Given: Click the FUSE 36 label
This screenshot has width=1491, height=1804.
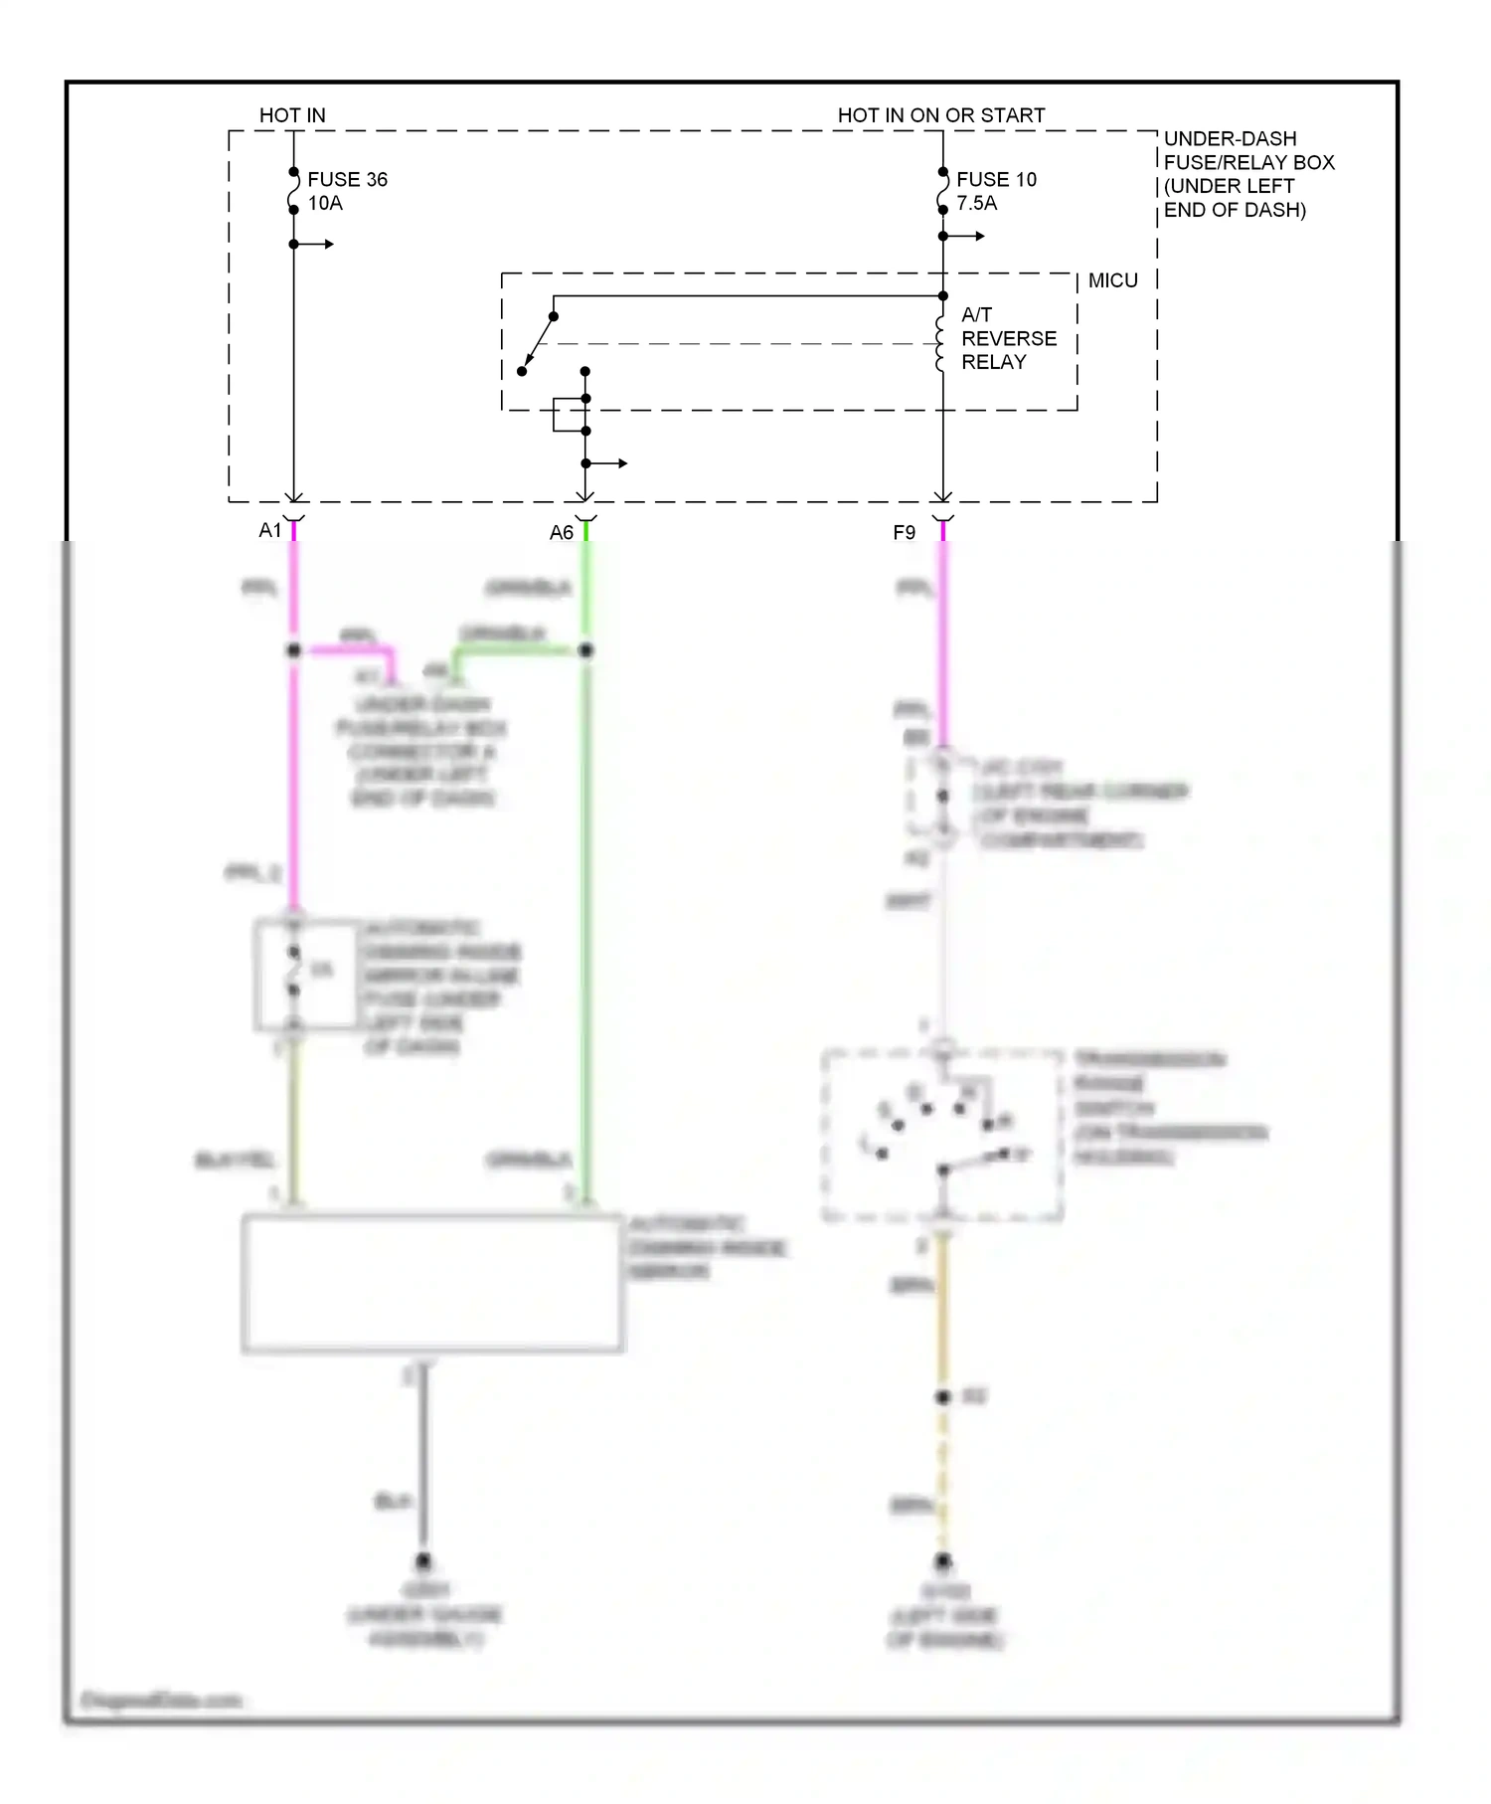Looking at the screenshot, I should pos(347,180).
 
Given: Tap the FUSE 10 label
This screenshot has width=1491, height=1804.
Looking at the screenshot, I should pos(996,180).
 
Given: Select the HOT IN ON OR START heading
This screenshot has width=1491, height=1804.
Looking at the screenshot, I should pos(940,115).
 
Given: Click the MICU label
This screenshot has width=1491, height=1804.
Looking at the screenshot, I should pos(1112,280).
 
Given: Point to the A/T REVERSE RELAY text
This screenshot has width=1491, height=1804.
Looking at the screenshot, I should pos(1007,338).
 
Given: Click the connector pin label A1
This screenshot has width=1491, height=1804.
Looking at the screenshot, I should pos(269,531).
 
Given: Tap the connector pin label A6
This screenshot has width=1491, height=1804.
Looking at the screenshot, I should pos(561,533).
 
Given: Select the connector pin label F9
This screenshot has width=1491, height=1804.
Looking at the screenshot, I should pos(904,533).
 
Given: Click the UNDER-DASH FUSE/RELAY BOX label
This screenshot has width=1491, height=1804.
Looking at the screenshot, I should pos(1247,174).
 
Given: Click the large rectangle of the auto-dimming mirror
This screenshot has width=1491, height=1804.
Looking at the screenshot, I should pos(432,1283).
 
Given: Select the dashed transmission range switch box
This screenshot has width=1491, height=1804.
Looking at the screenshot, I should pos(942,1135).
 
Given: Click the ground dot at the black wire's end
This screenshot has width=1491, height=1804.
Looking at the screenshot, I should pos(423,1560).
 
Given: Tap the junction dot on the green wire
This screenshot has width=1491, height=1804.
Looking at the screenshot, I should pos(585,650).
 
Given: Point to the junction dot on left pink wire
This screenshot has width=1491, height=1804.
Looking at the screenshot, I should pos(293,650).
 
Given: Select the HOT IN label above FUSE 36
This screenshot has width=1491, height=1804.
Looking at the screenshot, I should pos(292,115).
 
